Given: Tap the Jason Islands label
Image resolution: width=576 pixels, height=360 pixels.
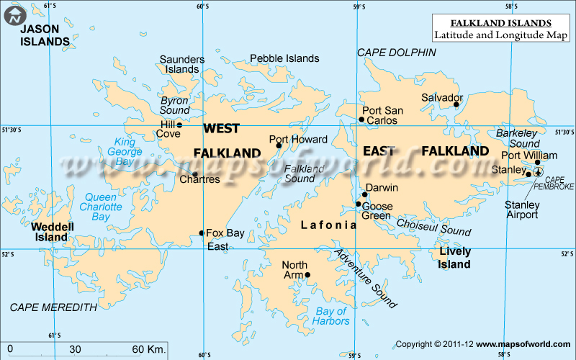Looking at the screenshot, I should (x=45, y=35).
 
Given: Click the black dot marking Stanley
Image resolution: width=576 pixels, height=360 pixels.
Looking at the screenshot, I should (x=528, y=174).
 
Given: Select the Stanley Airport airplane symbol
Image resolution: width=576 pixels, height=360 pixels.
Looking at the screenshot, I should (x=537, y=172).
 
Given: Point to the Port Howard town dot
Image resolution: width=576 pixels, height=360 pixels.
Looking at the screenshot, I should (x=279, y=146).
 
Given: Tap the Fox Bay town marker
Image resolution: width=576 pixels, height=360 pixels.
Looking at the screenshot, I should (x=202, y=233).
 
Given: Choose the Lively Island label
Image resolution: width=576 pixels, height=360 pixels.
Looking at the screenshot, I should (x=455, y=258).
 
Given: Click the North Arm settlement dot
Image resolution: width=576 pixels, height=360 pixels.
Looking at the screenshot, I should (x=307, y=274).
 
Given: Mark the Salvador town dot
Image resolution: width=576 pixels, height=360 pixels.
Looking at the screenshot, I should (x=456, y=105).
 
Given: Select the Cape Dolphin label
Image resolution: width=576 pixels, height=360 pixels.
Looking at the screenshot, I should (x=397, y=53).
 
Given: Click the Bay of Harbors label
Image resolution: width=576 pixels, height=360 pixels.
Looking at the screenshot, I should (x=332, y=316).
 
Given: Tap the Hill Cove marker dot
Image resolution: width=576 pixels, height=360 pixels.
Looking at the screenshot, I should (x=179, y=125).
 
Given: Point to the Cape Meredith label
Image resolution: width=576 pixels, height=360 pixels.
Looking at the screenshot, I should (x=53, y=307).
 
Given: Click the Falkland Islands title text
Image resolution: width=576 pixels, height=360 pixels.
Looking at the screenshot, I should (x=501, y=22).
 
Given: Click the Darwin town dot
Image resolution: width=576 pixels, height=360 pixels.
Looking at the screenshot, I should (x=366, y=194).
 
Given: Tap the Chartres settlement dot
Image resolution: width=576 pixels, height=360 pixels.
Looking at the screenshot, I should (x=194, y=174).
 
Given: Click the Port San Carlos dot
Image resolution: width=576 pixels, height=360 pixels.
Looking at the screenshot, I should (x=361, y=120).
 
